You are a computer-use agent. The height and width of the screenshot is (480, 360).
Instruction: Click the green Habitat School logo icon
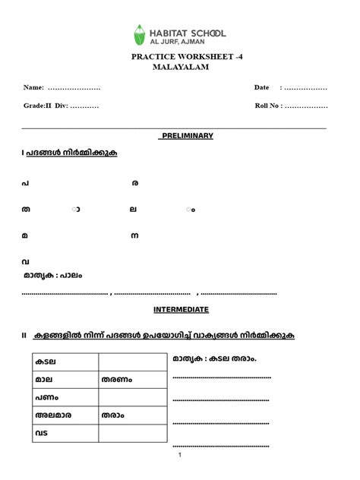(x=139, y=34)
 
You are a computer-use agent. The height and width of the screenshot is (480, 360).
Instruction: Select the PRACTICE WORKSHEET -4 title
(x=179, y=57)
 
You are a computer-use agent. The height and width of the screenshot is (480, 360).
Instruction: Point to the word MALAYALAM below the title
(x=180, y=67)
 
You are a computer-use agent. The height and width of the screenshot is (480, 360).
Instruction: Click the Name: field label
(x=34, y=88)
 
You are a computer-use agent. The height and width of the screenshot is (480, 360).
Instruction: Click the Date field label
(x=262, y=88)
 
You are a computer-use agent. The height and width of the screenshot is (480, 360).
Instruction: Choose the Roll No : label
(x=269, y=106)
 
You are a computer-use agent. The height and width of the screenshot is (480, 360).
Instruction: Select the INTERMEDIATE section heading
(x=181, y=309)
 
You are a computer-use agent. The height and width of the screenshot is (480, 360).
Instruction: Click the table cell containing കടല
(x=65, y=362)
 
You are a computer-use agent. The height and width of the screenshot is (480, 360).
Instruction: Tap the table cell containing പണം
(x=65, y=397)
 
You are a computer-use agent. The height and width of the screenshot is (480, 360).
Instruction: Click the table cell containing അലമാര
(x=65, y=415)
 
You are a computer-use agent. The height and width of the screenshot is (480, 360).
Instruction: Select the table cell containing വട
(x=65, y=433)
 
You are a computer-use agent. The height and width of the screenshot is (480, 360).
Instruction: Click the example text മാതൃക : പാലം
(x=52, y=276)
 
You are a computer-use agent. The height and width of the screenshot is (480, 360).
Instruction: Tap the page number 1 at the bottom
(x=180, y=455)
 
